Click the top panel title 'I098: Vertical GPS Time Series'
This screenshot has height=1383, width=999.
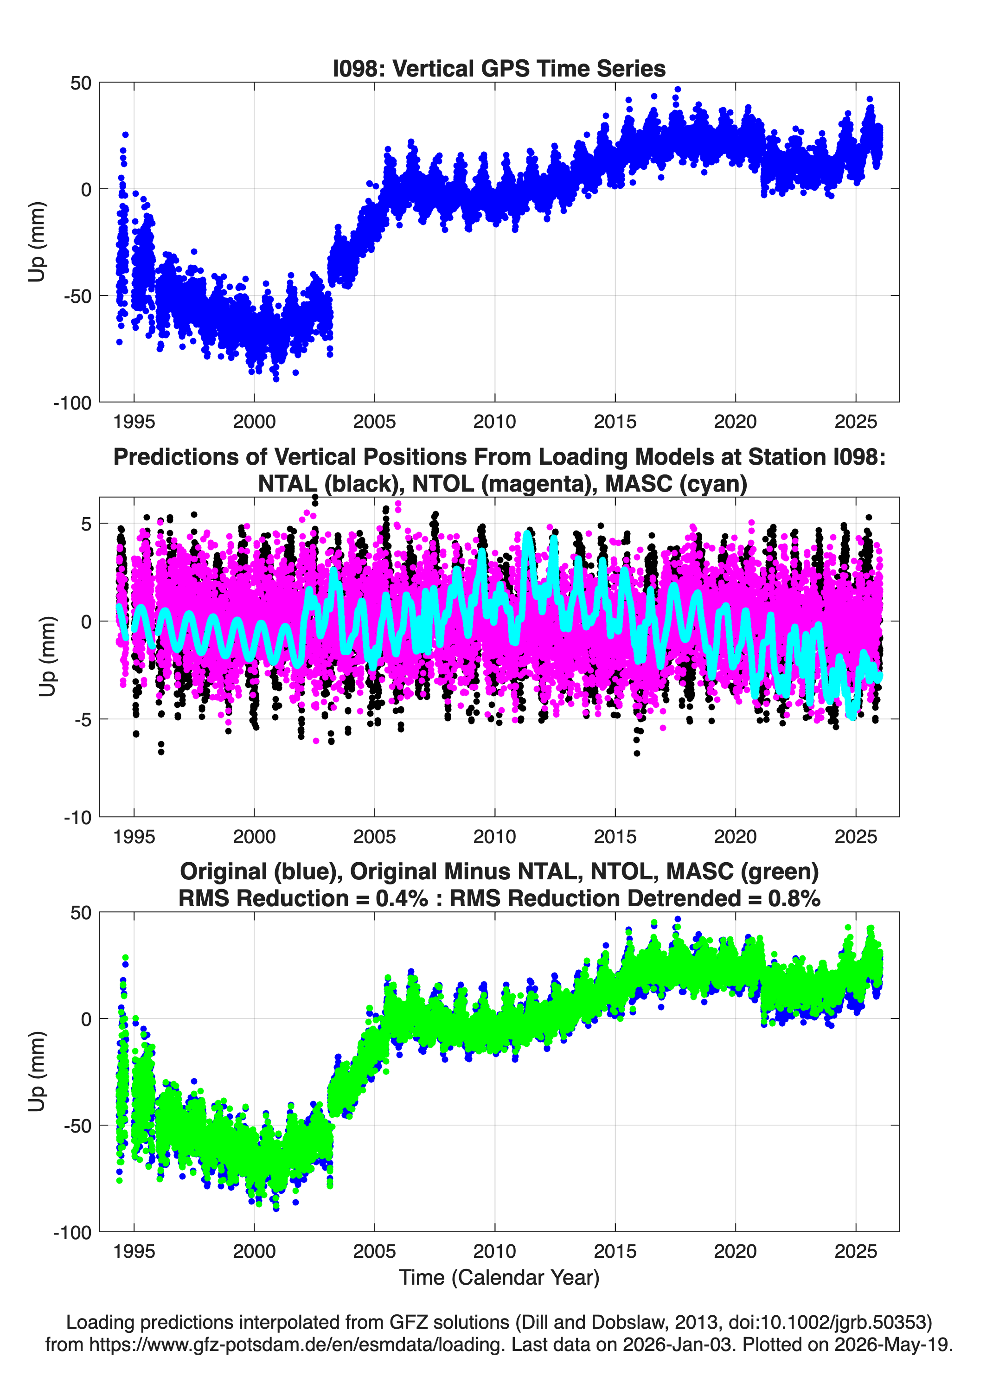[499, 68]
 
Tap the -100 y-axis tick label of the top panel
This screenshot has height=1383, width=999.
[72, 403]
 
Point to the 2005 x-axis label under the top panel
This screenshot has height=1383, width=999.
[374, 422]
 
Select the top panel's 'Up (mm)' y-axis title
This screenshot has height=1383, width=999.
[37, 242]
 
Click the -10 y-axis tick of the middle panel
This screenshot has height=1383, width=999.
[77, 818]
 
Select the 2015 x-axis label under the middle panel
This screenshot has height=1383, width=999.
[615, 837]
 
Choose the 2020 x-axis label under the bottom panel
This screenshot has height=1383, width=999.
[735, 1251]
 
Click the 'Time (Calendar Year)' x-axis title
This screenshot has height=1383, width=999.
[499, 1278]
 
